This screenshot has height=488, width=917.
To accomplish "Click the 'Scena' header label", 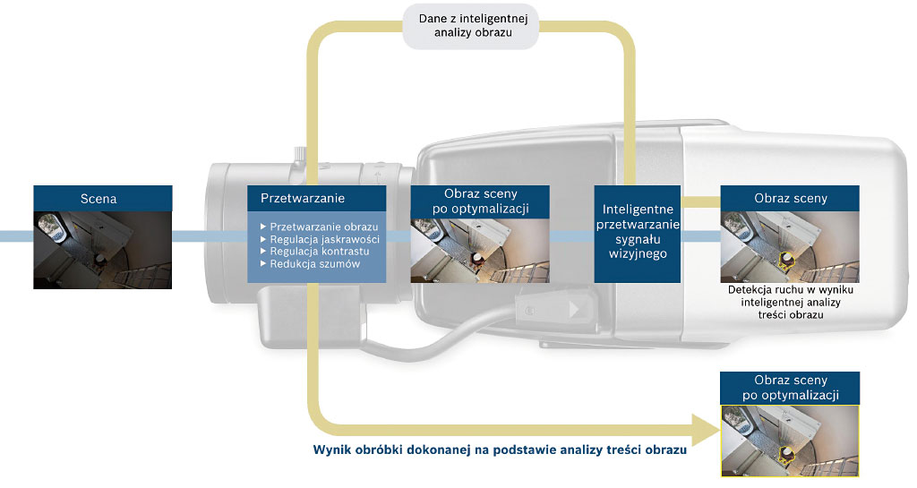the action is [x=99, y=199].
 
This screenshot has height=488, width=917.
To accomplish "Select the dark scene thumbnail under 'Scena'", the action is [x=102, y=250].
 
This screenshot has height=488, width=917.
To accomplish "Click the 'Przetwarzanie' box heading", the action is [x=303, y=198].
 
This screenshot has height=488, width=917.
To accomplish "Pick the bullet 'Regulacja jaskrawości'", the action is [x=320, y=239].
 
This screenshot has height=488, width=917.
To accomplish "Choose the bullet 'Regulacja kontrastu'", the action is [x=314, y=252].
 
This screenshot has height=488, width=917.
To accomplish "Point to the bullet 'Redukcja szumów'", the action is [x=310, y=263].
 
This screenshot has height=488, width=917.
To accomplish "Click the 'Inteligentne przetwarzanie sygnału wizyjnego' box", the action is [x=638, y=234].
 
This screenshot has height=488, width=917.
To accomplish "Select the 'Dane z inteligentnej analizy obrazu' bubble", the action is [x=471, y=26].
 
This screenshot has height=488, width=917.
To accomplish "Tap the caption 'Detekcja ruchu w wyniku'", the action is [x=790, y=289].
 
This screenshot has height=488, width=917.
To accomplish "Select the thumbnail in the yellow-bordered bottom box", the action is [x=790, y=441].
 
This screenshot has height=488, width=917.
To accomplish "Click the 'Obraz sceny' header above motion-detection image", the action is [x=790, y=198].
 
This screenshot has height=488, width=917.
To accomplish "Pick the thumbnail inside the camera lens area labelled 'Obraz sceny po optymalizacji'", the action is [x=480, y=251].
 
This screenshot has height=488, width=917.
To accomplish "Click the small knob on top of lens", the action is [x=299, y=155].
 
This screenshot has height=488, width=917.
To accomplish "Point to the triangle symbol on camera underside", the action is [x=575, y=309].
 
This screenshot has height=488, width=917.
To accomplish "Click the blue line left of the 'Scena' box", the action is [x=16, y=236].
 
